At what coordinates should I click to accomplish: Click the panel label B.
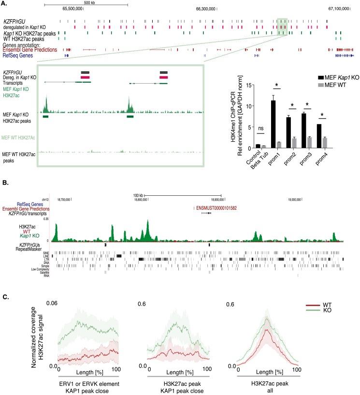(4, 169)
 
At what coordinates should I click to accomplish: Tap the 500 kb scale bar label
(86, 2)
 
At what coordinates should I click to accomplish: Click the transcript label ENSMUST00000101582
(216, 208)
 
